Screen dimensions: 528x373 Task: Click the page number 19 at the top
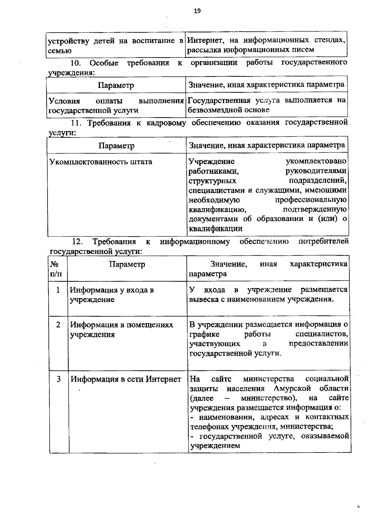(197, 11)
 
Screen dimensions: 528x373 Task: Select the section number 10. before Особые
(76, 63)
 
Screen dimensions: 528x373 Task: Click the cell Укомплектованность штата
(101, 162)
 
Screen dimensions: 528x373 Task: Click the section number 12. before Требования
(77, 241)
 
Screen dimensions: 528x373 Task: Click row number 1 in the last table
(58, 290)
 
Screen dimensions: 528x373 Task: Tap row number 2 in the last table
(58, 325)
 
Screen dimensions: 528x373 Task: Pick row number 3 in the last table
(58, 379)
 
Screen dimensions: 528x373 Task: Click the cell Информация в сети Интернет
(126, 379)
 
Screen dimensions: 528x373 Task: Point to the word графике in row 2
(204, 334)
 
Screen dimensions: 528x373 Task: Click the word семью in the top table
(60, 51)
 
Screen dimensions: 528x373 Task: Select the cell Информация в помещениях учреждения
(121, 329)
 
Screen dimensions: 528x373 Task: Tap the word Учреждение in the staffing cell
(212, 162)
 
